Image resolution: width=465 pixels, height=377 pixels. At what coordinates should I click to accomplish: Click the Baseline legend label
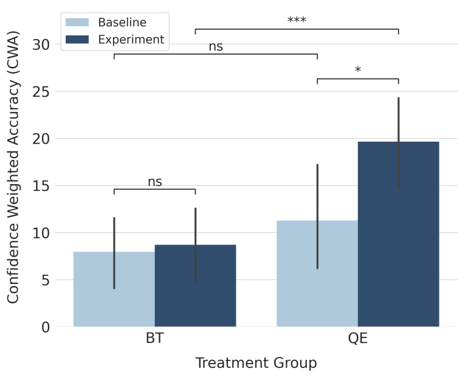(x=122, y=22)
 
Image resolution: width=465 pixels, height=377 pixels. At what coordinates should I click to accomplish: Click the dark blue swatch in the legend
(x=77, y=40)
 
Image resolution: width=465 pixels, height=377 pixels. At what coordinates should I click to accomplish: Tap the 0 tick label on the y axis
(x=46, y=327)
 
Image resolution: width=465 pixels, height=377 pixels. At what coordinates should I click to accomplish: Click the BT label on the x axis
(x=155, y=339)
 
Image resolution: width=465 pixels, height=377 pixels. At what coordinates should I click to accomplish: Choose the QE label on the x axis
(x=357, y=339)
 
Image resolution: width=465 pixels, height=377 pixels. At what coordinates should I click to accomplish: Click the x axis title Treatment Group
(x=256, y=363)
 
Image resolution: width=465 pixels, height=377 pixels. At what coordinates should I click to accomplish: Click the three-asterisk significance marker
(x=297, y=21)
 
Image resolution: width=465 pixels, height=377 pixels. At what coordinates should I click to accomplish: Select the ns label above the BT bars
(x=155, y=182)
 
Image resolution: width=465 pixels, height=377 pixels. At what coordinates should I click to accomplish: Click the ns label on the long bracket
(x=216, y=46)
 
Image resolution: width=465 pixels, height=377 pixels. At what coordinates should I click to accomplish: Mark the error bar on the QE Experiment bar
(x=398, y=143)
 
